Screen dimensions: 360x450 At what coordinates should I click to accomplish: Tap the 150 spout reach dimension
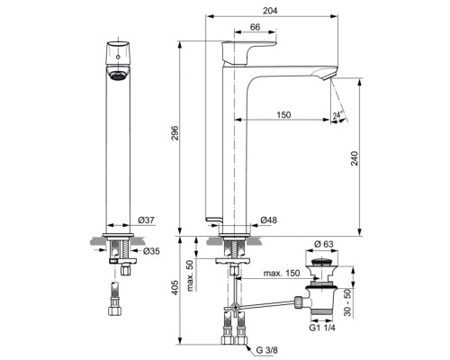click(x=283, y=114)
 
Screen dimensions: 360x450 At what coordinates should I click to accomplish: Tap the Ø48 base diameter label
click(x=267, y=220)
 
